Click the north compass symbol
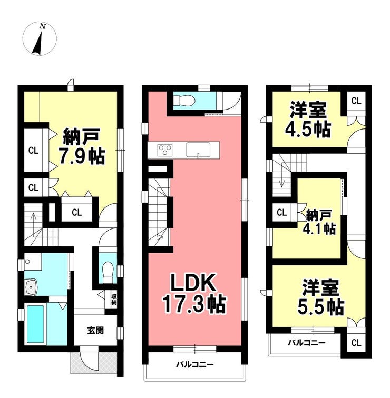pyautogui.click(x=40, y=38)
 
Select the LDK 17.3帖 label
pyautogui.click(x=194, y=293)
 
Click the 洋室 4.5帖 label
pyautogui.click(x=308, y=120)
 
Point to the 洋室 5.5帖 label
pyautogui.click(x=320, y=297)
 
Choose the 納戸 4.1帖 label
pyautogui.click(x=319, y=222)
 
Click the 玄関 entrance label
pyautogui.click(x=95, y=331)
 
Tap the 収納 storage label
pyautogui.click(x=113, y=300)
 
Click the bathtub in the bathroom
pyautogui.click(x=35, y=324)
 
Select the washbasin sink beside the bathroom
pyautogui.click(x=31, y=287)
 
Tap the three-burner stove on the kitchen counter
pyautogui.click(x=165, y=150)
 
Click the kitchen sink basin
pyautogui.click(x=198, y=150)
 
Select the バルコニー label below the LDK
pyautogui.click(x=195, y=365)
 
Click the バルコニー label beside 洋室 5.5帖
pyautogui.click(x=306, y=343)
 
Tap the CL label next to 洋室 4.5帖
pyautogui.click(x=356, y=101)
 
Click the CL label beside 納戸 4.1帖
pyautogui.click(x=281, y=212)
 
